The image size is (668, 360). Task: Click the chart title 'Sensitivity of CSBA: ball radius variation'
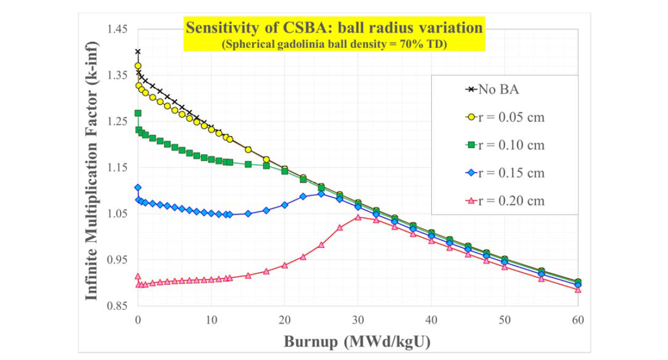[334, 28]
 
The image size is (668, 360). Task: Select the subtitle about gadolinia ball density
[334, 44]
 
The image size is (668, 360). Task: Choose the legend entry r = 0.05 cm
[505, 117]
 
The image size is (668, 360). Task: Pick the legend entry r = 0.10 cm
[505, 145]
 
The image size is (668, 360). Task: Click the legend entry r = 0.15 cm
[505, 172]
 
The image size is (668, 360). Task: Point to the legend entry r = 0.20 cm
[505, 200]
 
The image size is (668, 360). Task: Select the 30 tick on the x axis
[358, 320]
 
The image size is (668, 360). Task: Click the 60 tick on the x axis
[578, 320]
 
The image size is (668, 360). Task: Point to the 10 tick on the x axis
[211, 320]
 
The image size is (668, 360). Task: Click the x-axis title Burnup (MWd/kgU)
[357, 341]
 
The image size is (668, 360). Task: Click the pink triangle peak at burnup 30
[358, 217]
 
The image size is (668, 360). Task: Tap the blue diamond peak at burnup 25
[321, 193]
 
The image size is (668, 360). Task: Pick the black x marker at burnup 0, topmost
[138, 52]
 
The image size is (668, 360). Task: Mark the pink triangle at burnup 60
[578, 290]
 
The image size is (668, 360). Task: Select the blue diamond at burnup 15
[248, 214]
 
